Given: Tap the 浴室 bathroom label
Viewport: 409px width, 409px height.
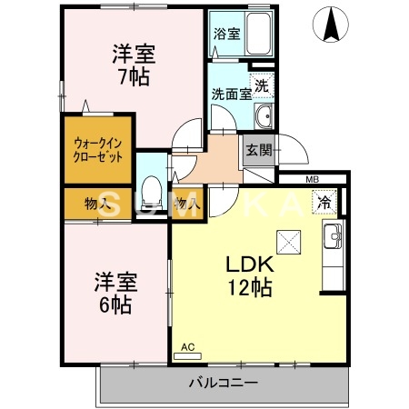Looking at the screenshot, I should click(226, 35).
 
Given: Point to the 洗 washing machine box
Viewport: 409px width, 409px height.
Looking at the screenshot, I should click(262, 86).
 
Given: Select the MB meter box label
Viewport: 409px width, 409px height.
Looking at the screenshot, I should click(312, 180).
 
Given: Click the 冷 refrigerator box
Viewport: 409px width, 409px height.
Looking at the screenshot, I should click(323, 204).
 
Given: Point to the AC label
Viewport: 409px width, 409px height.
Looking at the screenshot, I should click(188, 346).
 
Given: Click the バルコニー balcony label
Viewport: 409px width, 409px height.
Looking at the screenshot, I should click(224, 383).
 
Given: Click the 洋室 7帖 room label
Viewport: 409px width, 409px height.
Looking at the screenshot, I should click(132, 63).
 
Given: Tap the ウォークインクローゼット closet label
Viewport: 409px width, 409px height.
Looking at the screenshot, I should click(99, 148).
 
